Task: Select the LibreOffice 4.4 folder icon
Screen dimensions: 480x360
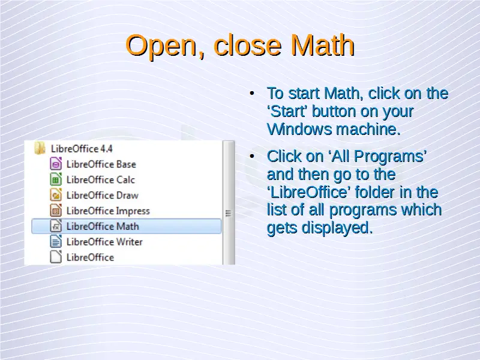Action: click(x=40, y=148)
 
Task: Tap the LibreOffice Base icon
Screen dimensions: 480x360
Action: click(x=56, y=164)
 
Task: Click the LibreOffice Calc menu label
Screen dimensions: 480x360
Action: click(x=100, y=179)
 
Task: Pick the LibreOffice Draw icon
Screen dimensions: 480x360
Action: click(x=56, y=195)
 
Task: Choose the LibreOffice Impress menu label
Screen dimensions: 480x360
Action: click(x=108, y=211)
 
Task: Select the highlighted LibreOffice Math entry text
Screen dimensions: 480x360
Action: click(x=103, y=226)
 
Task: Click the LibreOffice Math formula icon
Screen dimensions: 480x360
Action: click(x=56, y=226)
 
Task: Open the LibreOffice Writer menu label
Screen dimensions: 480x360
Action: click(x=104, y=242)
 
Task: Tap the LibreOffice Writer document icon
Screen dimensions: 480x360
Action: click(x=56, y=242)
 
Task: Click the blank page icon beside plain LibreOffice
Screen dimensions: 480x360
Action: click(x=56, y=257)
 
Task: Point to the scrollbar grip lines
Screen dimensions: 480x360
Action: click(x=228, y=213)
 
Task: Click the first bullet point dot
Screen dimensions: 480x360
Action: click(x=252, y=93)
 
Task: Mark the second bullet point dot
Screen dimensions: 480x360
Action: click(x=252, y=156)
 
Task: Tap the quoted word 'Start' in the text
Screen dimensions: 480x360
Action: click(x=287, y=111)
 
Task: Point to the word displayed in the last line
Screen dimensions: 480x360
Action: click(x=337, y=228)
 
